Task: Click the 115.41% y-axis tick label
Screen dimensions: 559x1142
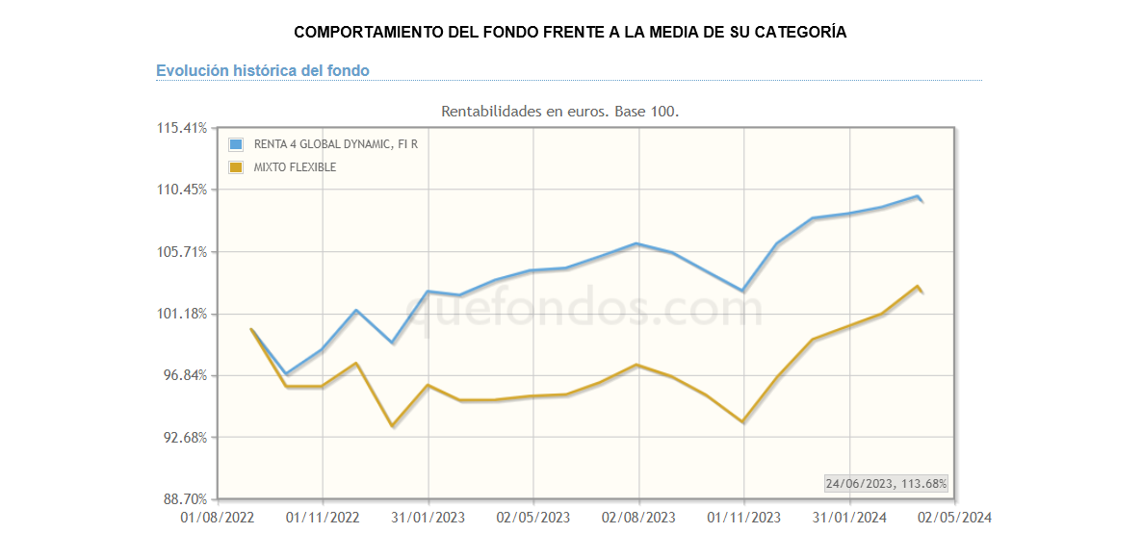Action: point(181,128)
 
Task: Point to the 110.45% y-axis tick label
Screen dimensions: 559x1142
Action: point(181,190)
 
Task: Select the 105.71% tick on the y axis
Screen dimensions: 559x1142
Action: point(181,252)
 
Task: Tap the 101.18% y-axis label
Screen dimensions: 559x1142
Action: point(181,314)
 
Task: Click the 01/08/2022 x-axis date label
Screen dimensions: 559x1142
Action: point(218,518)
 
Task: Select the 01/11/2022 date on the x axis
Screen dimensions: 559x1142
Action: point(324,518)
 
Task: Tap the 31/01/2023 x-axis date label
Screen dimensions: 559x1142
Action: point(428,518)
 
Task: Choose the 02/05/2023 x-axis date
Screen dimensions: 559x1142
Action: point(533,518)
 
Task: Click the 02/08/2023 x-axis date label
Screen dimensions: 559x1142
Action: point(638,518)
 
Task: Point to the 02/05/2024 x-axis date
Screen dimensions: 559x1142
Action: point(954,518)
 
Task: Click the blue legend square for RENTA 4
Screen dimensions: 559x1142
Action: point(236,144)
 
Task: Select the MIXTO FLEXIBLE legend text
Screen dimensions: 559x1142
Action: point(295,167)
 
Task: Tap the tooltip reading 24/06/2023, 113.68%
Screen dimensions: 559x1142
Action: point(886,483)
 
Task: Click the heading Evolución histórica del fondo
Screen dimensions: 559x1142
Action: point(263,70)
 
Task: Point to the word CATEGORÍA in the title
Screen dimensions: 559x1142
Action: point(801,32)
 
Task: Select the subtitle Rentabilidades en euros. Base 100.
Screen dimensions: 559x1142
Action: point(559,112)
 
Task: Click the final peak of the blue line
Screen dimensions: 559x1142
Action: point(918,196)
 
